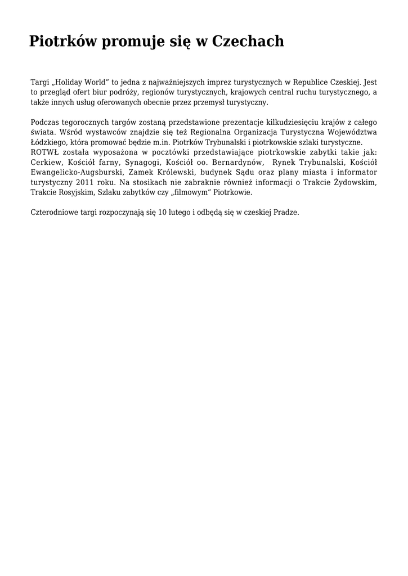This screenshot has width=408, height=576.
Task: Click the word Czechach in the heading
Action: click(x=248, y=42)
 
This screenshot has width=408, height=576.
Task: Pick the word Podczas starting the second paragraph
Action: click(x=46, y=122)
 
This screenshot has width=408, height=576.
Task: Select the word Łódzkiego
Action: click(x=49, y=142)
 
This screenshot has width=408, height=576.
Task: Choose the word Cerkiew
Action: click(x=46, y=162)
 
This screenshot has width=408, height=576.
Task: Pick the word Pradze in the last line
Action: click(x=286, y=213)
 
